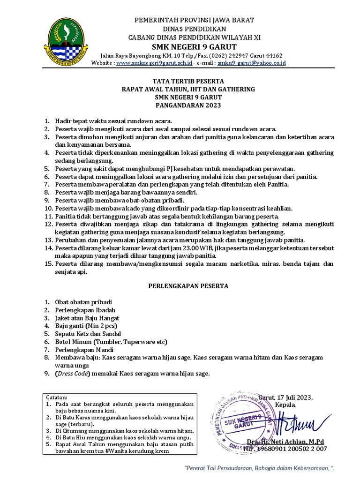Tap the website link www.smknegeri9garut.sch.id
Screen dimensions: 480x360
[154, 63]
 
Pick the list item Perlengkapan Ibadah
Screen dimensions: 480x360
[85, 310]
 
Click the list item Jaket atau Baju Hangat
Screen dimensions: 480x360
[87, 318]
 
